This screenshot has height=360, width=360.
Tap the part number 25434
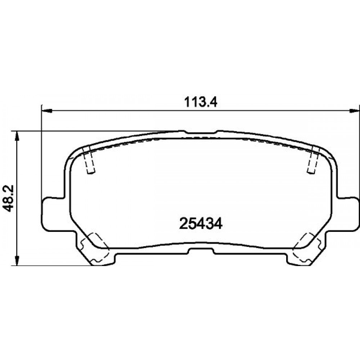[x=201, y=224]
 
